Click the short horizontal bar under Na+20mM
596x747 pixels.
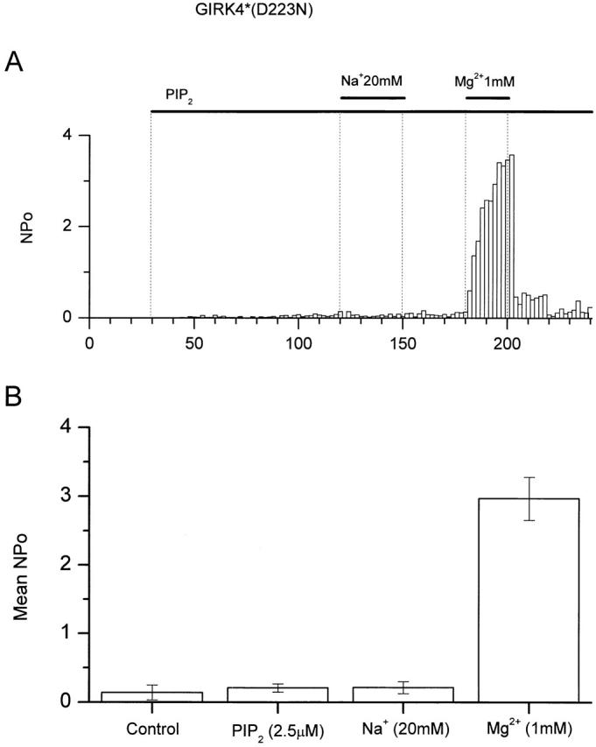click(372, 98)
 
